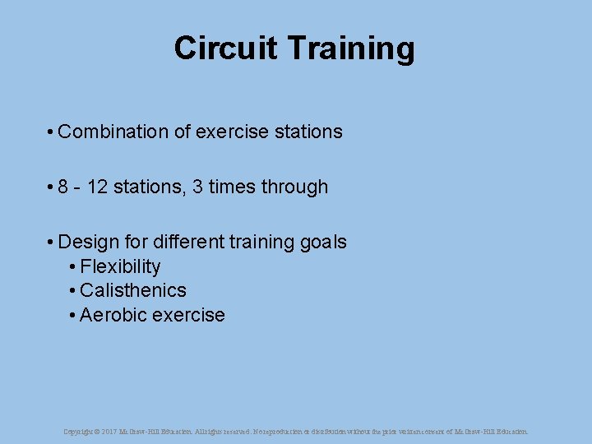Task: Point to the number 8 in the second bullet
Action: (63, 187)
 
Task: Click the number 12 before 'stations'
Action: (97, 187)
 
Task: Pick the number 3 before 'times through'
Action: (197, 187)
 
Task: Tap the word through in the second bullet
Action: (294, 187)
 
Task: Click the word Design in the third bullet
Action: (86, 242)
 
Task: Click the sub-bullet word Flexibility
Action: (120, 266)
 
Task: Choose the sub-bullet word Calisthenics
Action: (133, 290)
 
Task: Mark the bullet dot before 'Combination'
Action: (51, 132)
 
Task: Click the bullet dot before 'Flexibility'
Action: (73, 267)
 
